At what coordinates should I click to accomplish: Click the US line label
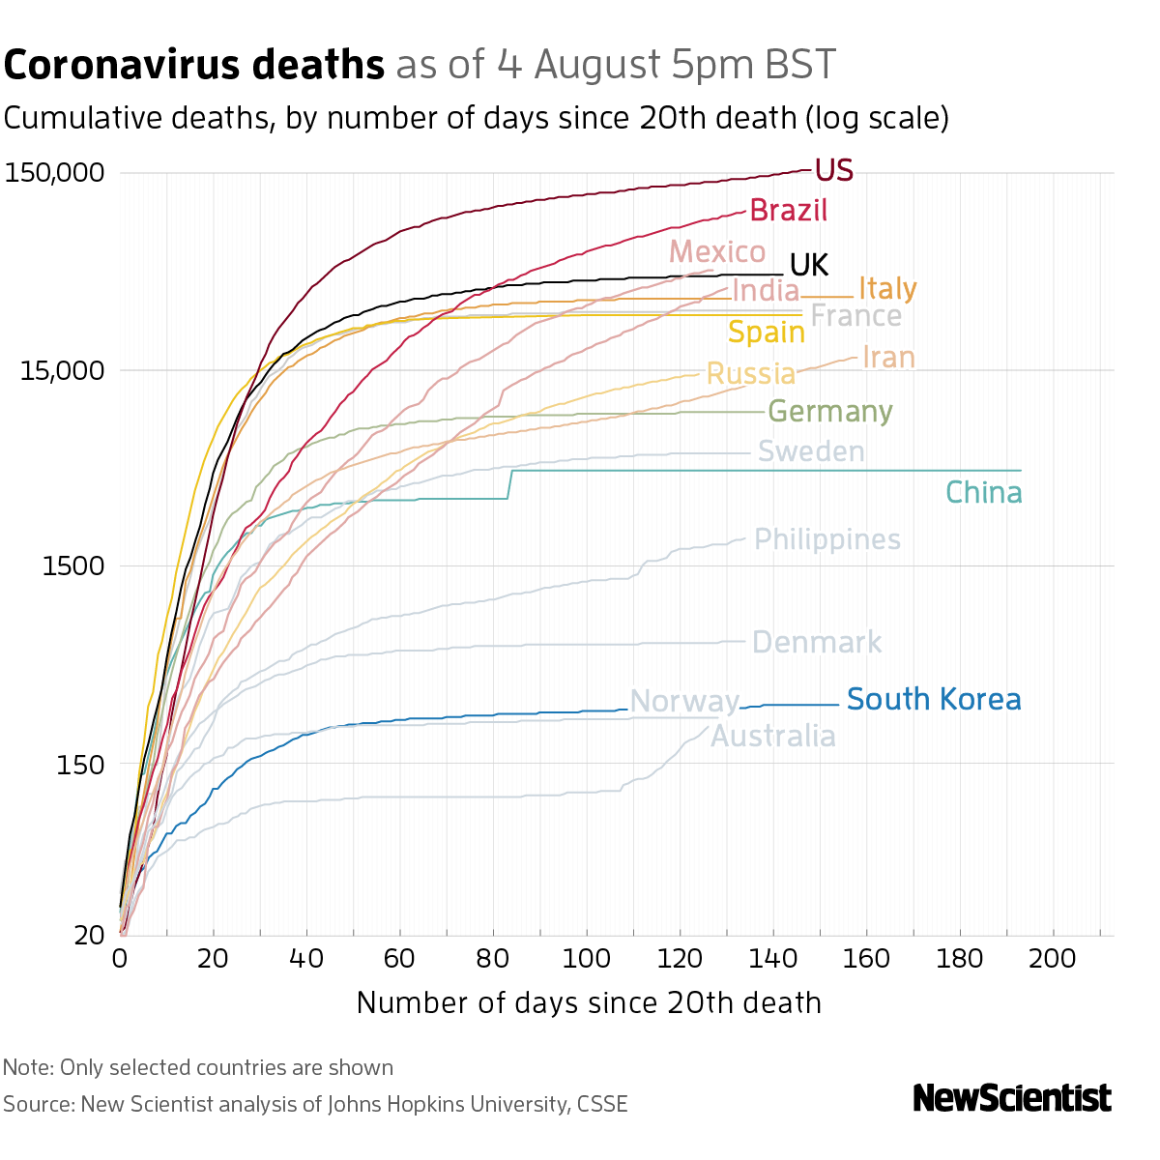click(833, 171)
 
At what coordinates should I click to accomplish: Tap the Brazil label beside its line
click(788, 211)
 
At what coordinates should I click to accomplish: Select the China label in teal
click(983, 493)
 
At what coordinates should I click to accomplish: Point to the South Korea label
click(934, 700)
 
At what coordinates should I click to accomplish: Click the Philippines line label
click(826, 539)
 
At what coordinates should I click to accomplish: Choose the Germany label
click(829, 412)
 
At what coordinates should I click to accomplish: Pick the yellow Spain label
click(766, 333)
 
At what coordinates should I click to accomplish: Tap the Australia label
click(773, 737)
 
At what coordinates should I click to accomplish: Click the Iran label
click(887, 358)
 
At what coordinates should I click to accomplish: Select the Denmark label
click(816, 643)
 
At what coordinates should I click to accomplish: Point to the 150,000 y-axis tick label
click(54, 174)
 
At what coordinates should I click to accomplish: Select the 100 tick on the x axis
click(586, 959)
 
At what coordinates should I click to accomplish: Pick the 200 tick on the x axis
click(1053, 959)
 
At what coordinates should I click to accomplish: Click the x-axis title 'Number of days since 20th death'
click(589, 1002)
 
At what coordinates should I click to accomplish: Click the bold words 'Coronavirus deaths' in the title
click(194, 66)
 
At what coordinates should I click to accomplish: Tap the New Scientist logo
click(1012, 1098)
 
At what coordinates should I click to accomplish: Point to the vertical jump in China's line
click(509, 484)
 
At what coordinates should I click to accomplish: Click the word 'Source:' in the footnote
click(38, 1104)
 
